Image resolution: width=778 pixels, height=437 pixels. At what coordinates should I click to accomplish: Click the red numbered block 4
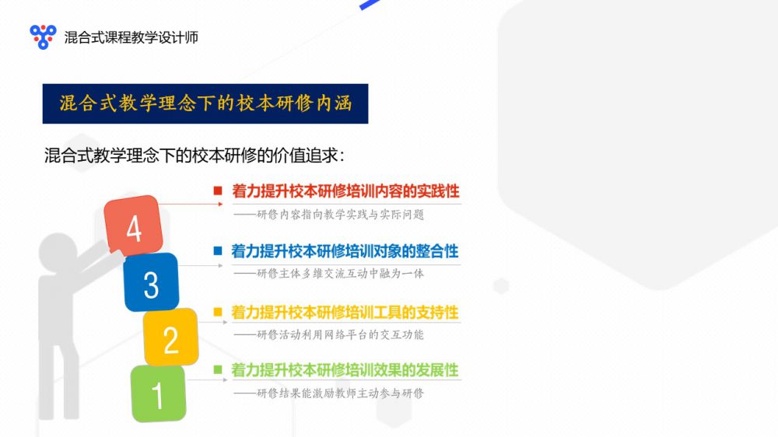(134, 225)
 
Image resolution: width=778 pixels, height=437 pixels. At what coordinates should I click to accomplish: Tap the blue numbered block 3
(151, 282)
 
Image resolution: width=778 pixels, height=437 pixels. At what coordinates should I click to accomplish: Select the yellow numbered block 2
(170, 337)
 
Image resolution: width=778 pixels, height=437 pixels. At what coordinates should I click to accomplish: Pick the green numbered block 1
(158, 394)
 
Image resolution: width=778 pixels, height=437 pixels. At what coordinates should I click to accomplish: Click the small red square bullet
(218, 191)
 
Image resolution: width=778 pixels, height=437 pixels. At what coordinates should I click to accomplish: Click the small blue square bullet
(218, 250)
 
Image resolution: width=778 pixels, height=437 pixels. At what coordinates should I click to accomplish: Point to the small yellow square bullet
(218, 312)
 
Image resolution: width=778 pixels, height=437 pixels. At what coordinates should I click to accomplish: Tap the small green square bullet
(218, 369)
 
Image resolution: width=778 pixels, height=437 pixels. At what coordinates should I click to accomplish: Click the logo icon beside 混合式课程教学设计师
(43, 37)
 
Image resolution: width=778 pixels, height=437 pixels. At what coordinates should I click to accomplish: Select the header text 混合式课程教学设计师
(131, 37)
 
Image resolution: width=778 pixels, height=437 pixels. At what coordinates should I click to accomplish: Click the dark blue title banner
(205, 103)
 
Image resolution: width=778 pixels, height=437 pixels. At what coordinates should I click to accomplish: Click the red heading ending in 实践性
(346, 191)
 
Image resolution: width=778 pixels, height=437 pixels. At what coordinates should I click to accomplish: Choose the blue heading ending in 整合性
(345, 251)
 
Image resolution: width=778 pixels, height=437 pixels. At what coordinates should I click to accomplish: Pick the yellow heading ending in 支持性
(345, 313)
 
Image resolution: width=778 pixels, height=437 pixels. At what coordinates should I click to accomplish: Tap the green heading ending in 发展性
(345, 370)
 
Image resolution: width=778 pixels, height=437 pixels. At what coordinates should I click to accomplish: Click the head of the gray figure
(58, 252)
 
